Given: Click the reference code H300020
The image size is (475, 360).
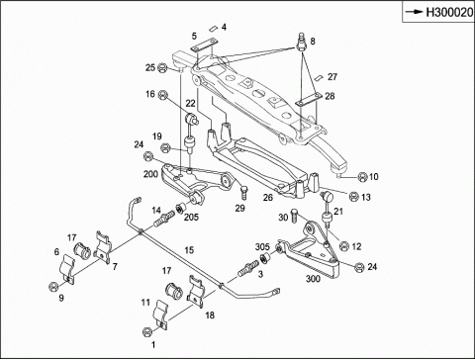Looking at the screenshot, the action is [x=449, y=13].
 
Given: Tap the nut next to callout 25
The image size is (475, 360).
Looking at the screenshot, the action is [x=162, y=68].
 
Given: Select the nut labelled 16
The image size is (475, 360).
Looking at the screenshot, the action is [x=162, y=95].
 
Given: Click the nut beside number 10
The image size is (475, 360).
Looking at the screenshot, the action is [x=362, y=177].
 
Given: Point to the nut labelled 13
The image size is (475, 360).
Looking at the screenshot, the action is [x=353, y=197].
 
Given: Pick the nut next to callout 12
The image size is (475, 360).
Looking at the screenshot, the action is [x=344, y=246].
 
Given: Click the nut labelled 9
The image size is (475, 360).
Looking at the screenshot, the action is [x=52, y=287].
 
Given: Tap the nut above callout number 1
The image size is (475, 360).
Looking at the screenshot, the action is [x=147, y=331].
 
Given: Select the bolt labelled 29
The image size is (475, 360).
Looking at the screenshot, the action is [x=243, y=192].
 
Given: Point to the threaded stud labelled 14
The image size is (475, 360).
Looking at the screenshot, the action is [x=163, y=219].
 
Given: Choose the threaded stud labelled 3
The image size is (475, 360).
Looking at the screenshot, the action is [x=247, y=268].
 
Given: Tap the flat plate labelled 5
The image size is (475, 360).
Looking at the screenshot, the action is [x=203, y=45].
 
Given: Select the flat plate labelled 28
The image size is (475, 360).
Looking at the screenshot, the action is [x=309, y=99].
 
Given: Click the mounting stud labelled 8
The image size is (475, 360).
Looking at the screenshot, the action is [x=301, y=42].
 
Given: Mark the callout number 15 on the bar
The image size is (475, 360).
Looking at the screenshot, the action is [x=189, y=250].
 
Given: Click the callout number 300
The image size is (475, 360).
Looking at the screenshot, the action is [x=313, y=279].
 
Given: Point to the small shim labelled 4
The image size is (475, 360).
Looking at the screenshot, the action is [x=213, y=29].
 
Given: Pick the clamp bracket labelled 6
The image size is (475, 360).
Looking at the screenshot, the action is [x=67, y=268].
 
